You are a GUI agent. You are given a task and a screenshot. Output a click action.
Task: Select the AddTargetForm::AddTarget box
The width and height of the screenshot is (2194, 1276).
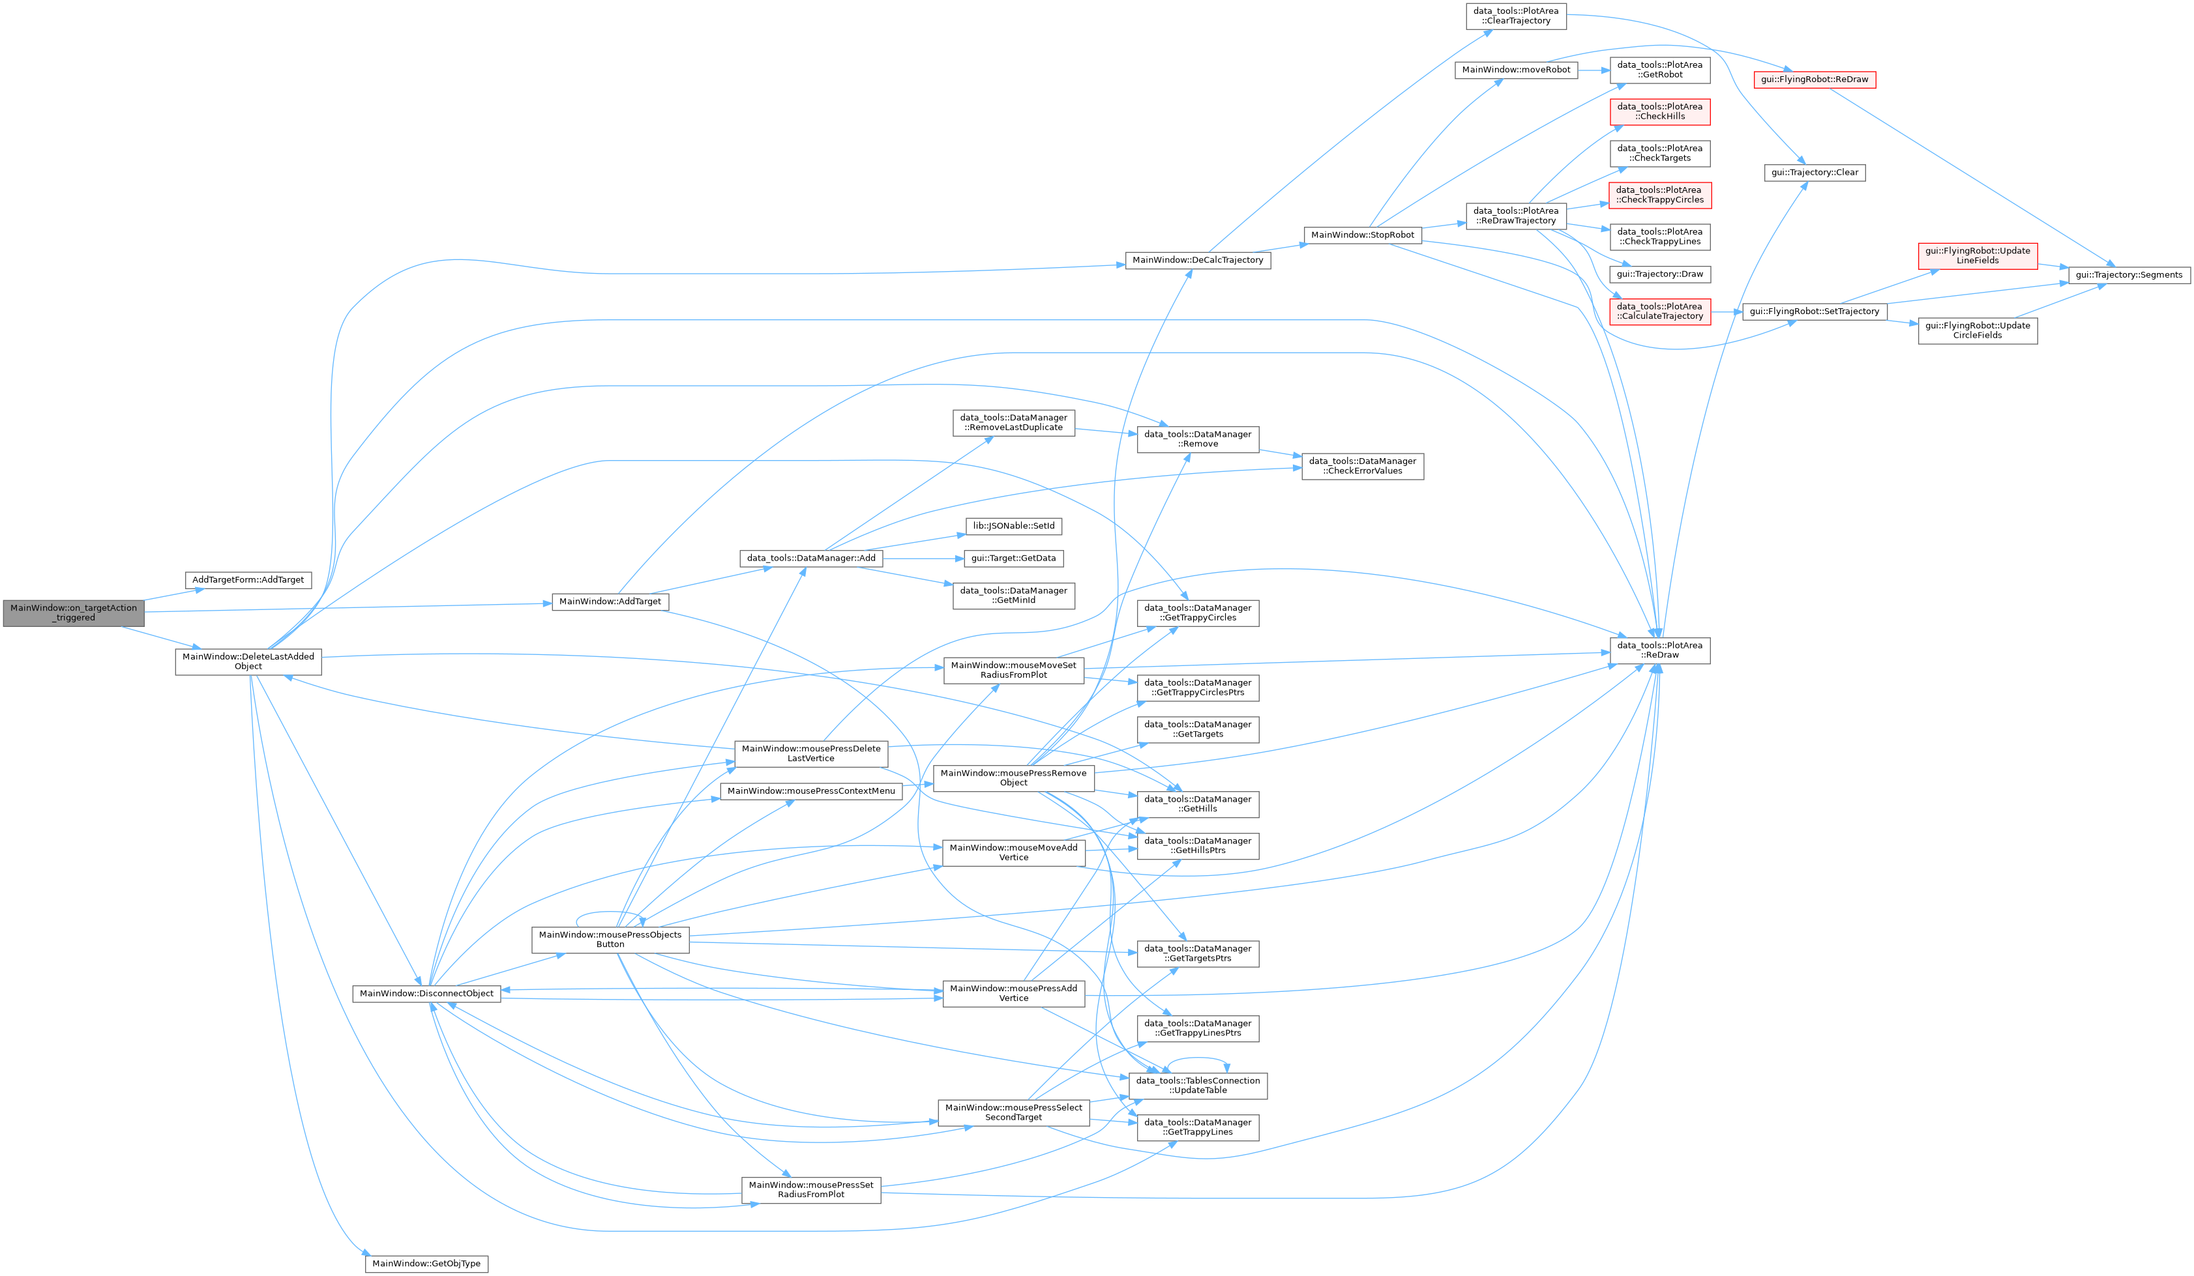tap(248, 580)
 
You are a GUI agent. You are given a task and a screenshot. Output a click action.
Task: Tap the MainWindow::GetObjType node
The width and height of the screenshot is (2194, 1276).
tap(426, 1263)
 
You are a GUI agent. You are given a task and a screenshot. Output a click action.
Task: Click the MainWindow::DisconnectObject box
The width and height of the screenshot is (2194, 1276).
tap(426, 993)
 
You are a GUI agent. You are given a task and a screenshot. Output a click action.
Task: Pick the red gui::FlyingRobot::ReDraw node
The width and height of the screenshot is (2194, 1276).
tap(1815, 80)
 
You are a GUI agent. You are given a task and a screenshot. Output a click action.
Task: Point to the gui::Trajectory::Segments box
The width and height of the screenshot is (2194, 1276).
tap(2129, 275)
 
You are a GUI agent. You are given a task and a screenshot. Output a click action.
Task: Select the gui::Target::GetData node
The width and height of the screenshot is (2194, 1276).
tap(1013, 558)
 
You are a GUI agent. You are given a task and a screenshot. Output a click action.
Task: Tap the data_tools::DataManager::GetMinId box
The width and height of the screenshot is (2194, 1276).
tap(1013, 596)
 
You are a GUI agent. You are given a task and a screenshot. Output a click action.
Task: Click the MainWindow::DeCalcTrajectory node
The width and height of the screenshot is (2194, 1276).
tap(1198, 259)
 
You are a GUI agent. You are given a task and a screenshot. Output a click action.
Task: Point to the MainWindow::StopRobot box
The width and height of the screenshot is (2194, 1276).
tap(1363, 235)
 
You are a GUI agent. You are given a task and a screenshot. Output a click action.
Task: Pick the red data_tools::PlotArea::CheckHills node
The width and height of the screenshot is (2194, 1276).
tap(1660, 111)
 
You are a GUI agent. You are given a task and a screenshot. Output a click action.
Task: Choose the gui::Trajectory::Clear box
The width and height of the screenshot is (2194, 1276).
tap(1815, 172)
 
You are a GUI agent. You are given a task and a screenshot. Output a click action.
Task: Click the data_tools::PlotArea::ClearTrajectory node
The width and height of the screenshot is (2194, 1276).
tap(1516, 16)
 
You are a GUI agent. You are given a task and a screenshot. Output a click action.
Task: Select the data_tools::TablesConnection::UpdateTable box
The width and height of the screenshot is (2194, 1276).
tap(1198, 1086)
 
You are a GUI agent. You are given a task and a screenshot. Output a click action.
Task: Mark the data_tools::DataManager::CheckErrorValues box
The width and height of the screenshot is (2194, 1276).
tap(1363, 466)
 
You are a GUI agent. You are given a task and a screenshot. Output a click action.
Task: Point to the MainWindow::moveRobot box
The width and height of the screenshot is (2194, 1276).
tap(1516, 70)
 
